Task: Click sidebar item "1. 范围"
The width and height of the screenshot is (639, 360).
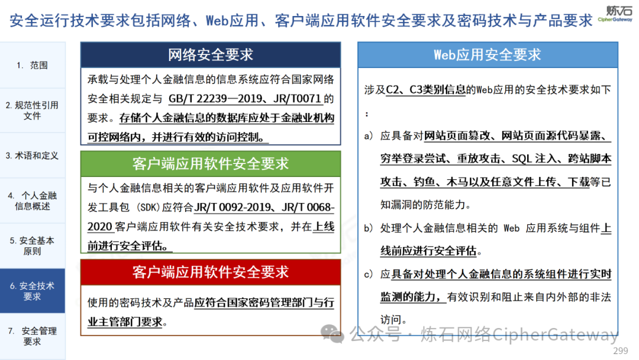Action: [x=32, y=65]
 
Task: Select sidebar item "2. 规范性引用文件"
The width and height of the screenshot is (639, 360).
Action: [x=32, y=111]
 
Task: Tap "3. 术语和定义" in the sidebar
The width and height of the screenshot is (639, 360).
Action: [x=32, y=155]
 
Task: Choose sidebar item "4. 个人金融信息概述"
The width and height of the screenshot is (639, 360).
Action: [x=32, y=201]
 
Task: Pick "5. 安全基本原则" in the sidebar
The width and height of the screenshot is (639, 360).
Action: [x=32, y=246]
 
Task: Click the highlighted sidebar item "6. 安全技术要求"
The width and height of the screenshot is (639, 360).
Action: [x=32, y=291]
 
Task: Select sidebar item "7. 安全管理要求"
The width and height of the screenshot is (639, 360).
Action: [x=32, y=336]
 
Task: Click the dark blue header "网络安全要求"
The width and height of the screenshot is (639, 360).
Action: [x=211, y=54]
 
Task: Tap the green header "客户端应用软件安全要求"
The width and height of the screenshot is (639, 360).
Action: [x=211, y=164]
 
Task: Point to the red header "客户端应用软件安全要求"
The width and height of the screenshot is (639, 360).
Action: [x=211, y=272]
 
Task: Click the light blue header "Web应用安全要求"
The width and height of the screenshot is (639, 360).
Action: [x=488, y=54]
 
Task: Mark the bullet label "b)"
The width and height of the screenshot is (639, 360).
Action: [x=369, y=228]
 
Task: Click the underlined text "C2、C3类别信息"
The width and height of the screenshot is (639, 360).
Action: [x=425, y=89]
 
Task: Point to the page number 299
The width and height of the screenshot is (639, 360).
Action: [x=620, y=351]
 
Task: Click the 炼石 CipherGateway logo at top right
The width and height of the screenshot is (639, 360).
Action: [x=615, y=13]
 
